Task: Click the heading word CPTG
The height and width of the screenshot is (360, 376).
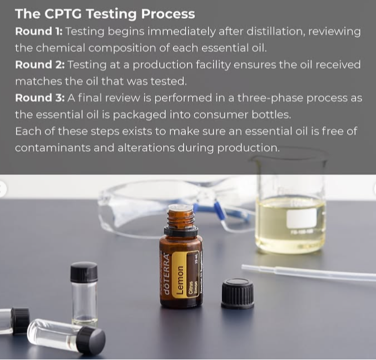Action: pyautogui.click(x=63, y=14)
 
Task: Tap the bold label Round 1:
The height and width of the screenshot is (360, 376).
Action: pyautogui.click(x=39, y=31)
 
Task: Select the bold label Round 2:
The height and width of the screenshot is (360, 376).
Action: pyautogui.click(x=40, y=65)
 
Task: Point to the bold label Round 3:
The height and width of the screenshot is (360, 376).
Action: pyautogui.click(x=40, y=98)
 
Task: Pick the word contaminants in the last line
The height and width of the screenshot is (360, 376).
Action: pyautogui.click(x=52, y=148)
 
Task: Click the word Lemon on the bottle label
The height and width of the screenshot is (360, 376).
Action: pyautogui.click(x=180, y=280)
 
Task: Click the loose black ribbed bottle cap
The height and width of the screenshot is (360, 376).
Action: pyautogui.click(x=238, y=293)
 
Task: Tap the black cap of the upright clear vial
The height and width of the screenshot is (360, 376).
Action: pyautogui.click(x=84, y=272)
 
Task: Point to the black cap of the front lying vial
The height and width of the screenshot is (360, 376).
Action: pyautogui.click(x=92, y=340)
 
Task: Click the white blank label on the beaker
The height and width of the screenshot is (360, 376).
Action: pyautogui.click(x=301, y=218)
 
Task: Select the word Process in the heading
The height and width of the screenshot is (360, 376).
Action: pyautogui.click(x=168, y=14)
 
